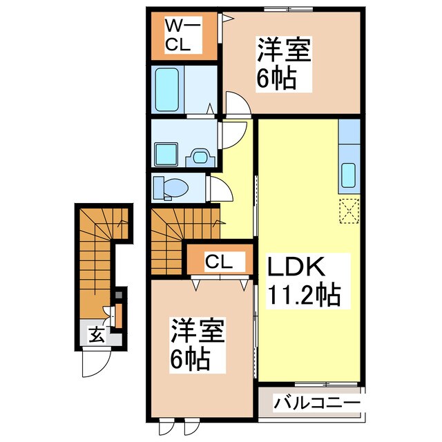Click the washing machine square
pyautogui.click(x=166, y=153)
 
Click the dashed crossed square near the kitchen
pyautogui.click(x=349, y=209)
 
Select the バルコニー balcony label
pyautogui.click(x=317, y=403)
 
